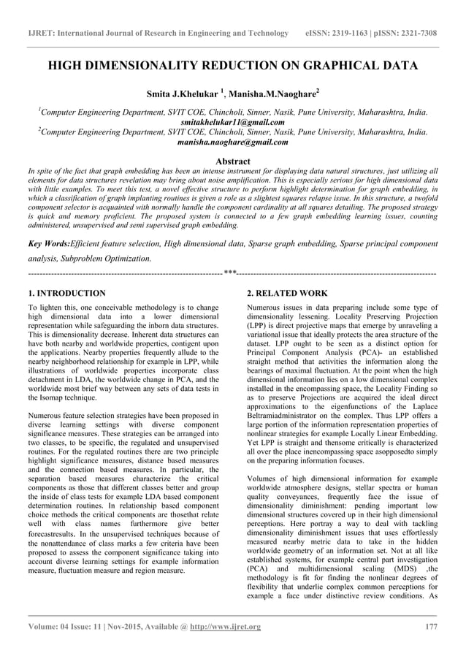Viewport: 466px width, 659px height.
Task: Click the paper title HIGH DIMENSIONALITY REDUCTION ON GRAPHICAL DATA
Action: coord(232,66)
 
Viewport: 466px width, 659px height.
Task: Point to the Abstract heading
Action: coord(232,161)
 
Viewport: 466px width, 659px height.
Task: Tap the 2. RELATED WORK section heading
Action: coord(287,293)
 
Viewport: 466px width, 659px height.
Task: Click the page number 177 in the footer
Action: coord(429,627)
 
